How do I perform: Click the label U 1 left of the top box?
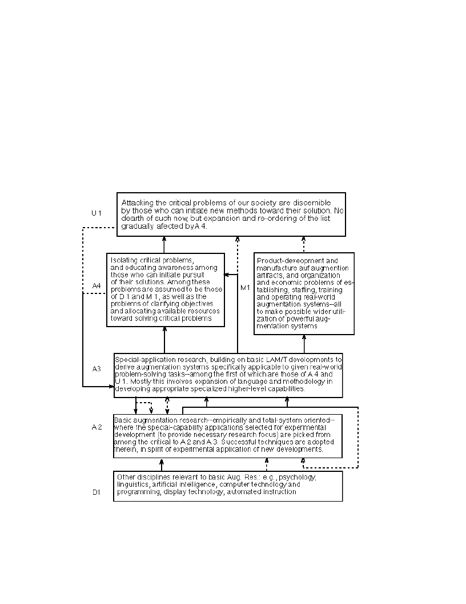pos(97,213)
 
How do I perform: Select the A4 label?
pos(97,285)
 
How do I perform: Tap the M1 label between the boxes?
pos(245,287)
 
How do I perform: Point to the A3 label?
pos(97,368)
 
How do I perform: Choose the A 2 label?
pos(97,427)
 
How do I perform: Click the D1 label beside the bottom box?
pos(97,491)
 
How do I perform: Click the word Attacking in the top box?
pos(138,202)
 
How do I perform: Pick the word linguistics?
pos(133,484)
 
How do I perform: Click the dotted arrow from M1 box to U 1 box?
pos(303,244)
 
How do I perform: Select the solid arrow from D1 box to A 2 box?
pos(162,464)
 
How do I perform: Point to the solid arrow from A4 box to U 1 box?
pos(164,244)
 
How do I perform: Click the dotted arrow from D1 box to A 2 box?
pos(266,464)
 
